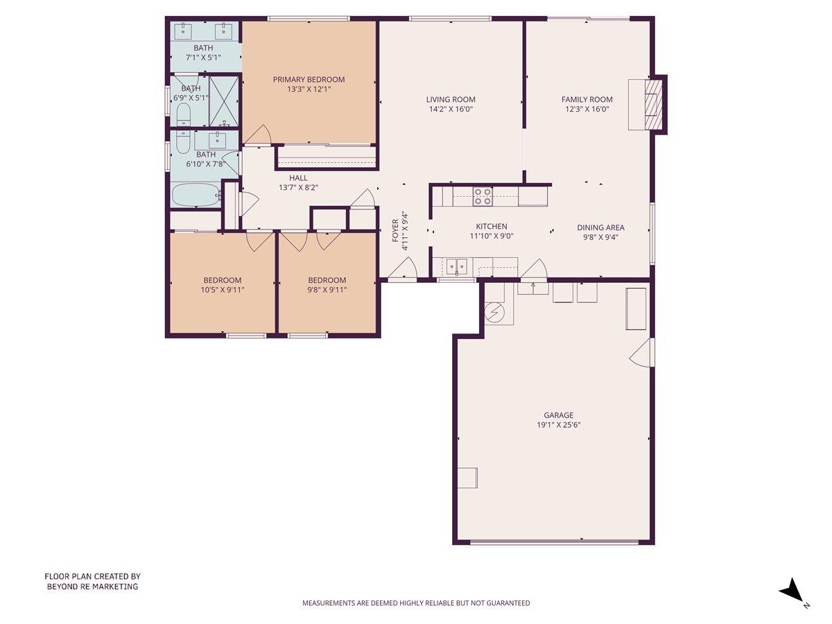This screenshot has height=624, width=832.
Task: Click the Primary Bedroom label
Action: [309, 80]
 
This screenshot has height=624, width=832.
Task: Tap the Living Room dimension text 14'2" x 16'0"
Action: [451, 109]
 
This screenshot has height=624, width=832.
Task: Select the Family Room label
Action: [587, 99]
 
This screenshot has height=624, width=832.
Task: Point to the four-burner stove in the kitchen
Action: [483, 196]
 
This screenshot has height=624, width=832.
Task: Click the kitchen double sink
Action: [456, 266]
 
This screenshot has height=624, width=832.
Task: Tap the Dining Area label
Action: [600, 227]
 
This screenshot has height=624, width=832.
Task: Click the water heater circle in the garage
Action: [496, 313]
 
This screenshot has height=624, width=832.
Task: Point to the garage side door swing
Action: [641, 353]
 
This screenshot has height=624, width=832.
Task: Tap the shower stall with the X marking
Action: [224, 100]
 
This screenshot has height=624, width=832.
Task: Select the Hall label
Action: [298, 178]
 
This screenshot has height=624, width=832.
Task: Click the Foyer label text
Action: [395, 230]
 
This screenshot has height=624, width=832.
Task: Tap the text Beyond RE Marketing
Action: [92, 587]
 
